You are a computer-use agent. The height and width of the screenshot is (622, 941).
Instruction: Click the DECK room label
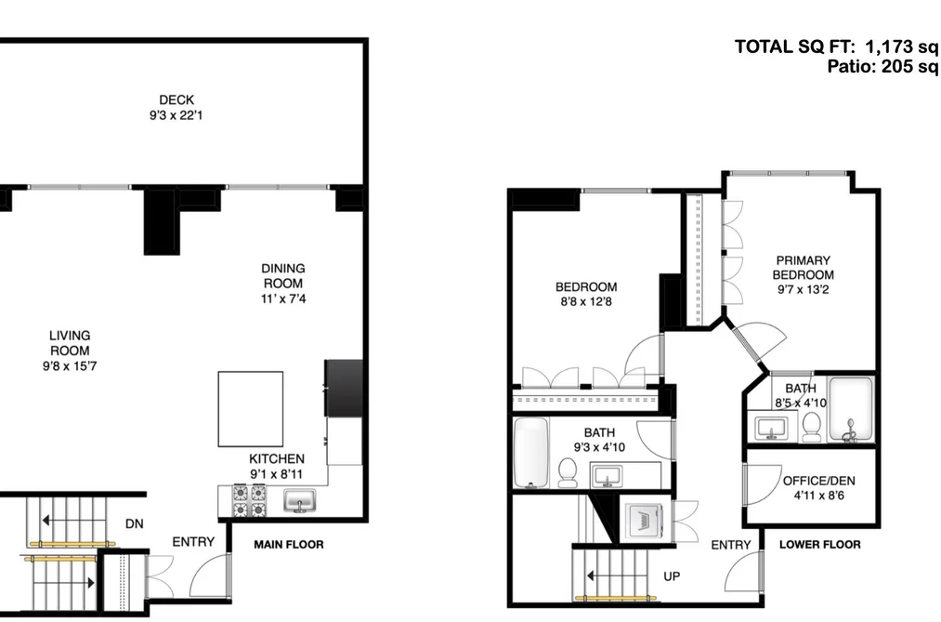click(x=176, y=99)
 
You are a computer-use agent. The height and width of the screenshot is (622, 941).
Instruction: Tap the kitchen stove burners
click(x=250, y=501)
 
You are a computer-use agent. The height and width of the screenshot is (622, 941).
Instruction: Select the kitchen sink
click(x=299, y=501)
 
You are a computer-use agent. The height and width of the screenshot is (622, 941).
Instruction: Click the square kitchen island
click(x=250, y=409)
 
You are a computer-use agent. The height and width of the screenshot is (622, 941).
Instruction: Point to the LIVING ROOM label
click(x=70, y=343)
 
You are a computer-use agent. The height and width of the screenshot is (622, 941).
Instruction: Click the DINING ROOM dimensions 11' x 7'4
click(x=283, y=298)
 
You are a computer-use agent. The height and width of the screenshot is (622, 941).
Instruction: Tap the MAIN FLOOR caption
click(x=289, y=545)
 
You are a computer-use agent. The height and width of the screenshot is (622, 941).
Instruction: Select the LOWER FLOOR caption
click(x=819, y=545)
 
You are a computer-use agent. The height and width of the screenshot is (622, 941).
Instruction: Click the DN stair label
click(x=135, y=524)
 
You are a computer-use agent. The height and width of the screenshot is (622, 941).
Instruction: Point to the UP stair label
click(x=672, y=576)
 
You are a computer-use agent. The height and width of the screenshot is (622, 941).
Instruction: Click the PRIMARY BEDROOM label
click(x=803, y=268)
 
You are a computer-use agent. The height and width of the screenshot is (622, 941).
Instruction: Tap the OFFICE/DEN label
click(x=819, y=481)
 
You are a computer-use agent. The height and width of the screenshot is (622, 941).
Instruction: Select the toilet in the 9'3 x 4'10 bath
click(x=568, y=472)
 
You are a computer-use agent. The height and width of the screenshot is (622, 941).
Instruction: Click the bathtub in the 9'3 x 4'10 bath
click(x=531, y=453)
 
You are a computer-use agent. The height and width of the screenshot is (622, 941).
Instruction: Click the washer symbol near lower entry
click(x=644, y=520)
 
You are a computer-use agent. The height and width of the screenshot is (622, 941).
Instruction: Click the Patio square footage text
click(x=883, y=66)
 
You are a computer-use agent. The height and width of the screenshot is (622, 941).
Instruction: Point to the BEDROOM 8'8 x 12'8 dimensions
click(x=586, y=302)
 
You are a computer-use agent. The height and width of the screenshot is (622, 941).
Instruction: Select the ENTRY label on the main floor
click(x=193, y=542)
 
